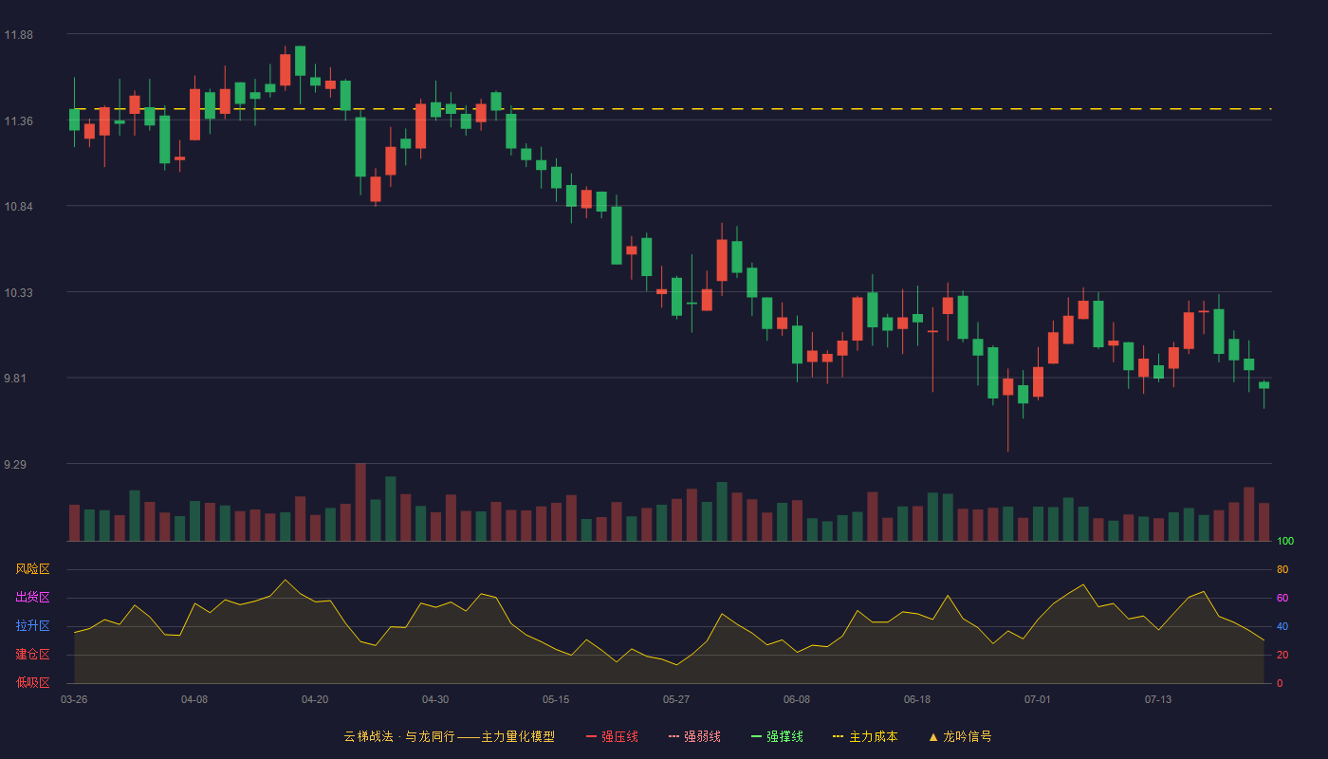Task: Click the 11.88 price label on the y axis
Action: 18,35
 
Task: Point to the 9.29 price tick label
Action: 15,464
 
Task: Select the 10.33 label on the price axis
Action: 18,293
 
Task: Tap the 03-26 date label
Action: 74,700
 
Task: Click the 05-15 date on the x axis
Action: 556,700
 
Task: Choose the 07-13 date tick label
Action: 1158,700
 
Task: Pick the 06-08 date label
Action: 796,700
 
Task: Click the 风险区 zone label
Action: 32,569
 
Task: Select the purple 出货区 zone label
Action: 32,597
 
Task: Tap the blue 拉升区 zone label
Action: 32,625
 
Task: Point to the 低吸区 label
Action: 32,682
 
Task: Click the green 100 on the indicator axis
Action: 1285,541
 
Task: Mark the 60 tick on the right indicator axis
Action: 1282,598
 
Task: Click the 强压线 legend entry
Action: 612,736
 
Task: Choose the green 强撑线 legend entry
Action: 777,736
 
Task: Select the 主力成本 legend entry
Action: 865,736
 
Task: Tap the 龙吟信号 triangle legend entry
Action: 960,736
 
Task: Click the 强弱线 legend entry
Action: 694,736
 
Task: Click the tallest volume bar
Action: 360,502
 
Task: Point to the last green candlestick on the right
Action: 1263,385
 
